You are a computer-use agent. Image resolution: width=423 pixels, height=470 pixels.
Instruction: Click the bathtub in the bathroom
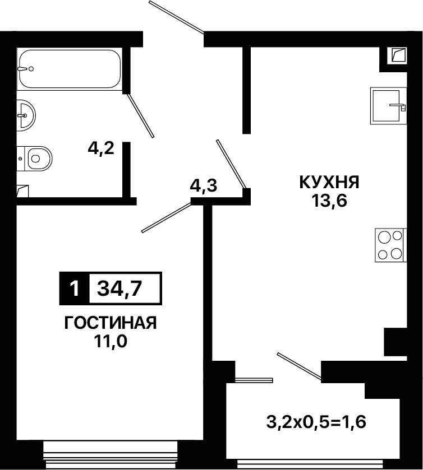tap(70, 69)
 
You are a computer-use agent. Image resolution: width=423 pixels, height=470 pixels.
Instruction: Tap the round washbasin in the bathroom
tap(26, 115)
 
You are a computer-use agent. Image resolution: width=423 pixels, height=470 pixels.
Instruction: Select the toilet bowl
tap(35, 159)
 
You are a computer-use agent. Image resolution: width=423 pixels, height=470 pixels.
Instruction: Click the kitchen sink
tap(388, 105)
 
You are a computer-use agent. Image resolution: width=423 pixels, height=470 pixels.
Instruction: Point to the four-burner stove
tap(390, 245)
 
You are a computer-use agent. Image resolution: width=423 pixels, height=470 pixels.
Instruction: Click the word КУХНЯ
tap(329, 182)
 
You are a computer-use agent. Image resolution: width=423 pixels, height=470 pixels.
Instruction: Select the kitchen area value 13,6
tap(329, 201)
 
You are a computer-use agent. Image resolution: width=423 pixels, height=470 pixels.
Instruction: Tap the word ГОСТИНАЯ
tap(111, 323)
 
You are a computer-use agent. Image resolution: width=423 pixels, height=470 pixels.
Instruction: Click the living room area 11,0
tap(111, 341)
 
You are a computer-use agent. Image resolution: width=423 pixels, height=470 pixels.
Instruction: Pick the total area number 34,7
tap(119, 289)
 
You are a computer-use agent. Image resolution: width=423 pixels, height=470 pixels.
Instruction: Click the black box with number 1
tap(74, 288)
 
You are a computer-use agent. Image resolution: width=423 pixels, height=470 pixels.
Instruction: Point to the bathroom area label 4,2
tap(101, 148)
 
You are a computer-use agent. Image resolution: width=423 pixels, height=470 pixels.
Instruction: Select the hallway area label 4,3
tap(204, 185)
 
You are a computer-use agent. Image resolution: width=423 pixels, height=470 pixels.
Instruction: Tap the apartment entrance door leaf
tap(177, 17)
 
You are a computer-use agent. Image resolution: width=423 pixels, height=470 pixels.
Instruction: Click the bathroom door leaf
tap(140, 115)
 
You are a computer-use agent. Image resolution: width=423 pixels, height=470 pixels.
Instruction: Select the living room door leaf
tap(166, 217)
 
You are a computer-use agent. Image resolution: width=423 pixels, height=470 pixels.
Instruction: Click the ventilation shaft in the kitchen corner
tap(399, 55)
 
